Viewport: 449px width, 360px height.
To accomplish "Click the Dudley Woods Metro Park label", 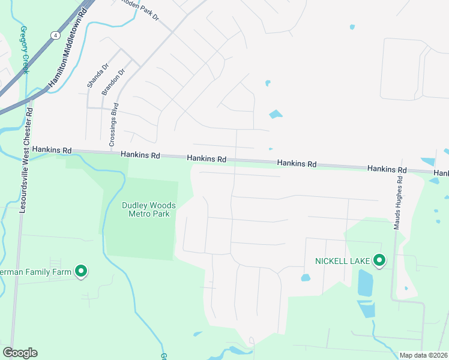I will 149,209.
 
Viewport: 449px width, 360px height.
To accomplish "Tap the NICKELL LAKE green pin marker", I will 379,260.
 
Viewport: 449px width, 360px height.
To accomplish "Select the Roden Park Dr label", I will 140,10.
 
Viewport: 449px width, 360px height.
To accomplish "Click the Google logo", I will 20,353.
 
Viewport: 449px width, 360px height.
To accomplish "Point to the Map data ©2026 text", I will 424,355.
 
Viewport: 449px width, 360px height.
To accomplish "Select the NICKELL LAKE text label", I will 343,261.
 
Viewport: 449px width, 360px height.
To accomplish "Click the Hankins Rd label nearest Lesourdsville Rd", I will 52,149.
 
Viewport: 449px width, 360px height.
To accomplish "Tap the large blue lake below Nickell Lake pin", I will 365,282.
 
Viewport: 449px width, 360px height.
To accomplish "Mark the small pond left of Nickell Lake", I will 305,278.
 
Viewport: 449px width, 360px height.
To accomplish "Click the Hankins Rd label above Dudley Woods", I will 140,155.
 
